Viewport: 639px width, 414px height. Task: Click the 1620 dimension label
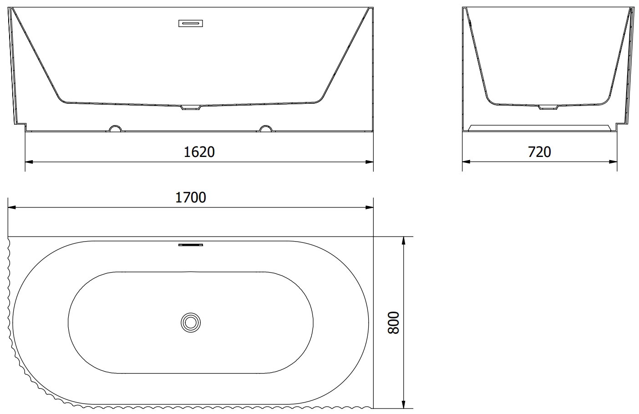199,152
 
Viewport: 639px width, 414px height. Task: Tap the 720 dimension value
539,152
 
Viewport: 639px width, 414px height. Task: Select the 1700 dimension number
191,197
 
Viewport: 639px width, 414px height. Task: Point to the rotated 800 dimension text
394,323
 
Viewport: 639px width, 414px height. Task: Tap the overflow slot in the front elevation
191,23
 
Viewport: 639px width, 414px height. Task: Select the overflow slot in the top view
191,245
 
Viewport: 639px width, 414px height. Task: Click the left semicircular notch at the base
116,126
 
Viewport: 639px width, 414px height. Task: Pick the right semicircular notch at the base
266,126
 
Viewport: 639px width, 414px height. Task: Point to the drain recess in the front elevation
191,107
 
